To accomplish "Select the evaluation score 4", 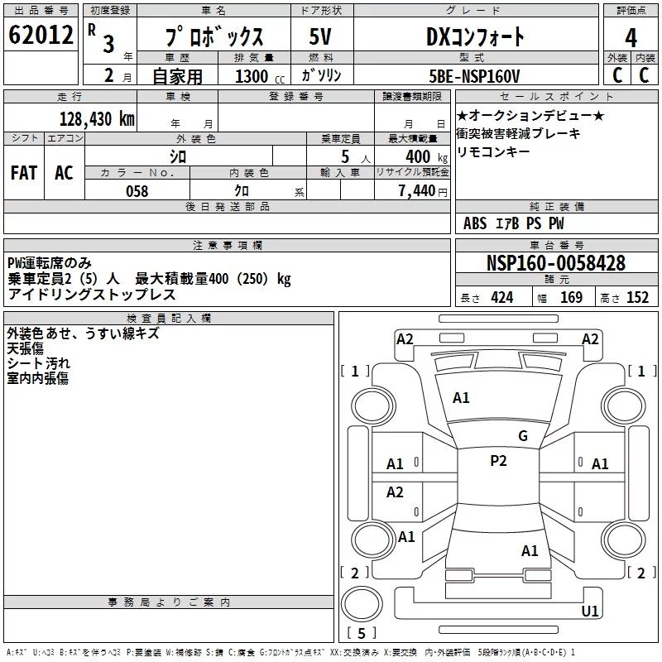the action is coord(631,38).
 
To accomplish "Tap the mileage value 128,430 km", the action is coord(97,118).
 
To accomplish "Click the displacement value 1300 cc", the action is coord(255,76).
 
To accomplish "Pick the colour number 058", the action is coord(137,190).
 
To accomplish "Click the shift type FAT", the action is coord(24,172).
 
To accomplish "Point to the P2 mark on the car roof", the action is coord(497,461).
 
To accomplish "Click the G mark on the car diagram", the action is coord(522,436).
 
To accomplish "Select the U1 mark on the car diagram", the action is coord(590,612).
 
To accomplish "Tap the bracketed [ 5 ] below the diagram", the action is coord(361,633).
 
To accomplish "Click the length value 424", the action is coord(501,298).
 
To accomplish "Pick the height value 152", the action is coord(637,298).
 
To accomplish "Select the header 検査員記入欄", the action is coord(169,318).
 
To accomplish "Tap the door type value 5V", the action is coord(321,36).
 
